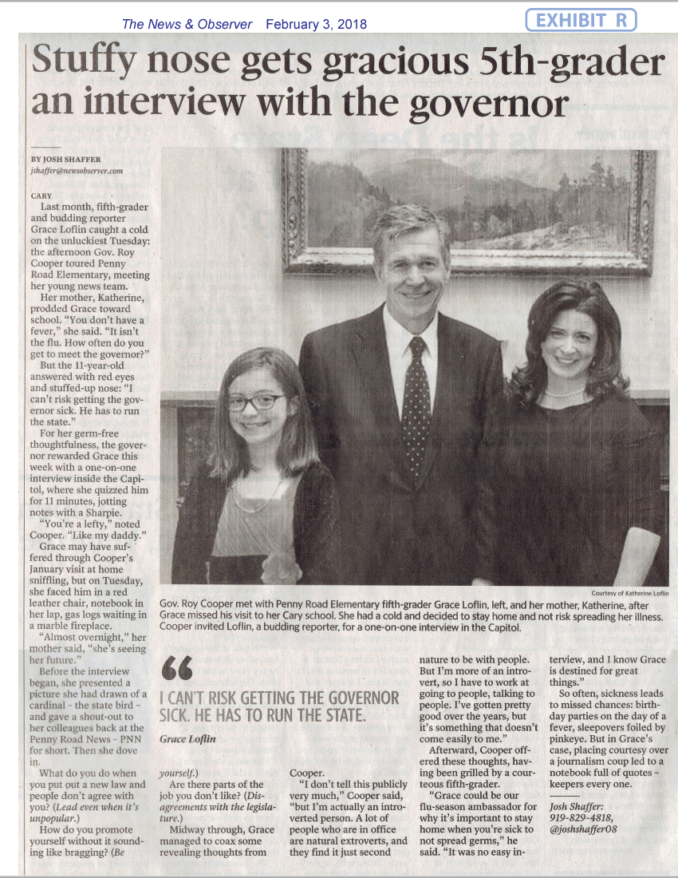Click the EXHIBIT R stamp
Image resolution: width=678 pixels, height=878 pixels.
(x=581, y=21)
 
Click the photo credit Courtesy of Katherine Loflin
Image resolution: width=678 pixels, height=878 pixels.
(x=629, y=593)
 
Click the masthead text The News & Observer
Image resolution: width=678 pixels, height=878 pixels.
(x=187, y=24)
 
